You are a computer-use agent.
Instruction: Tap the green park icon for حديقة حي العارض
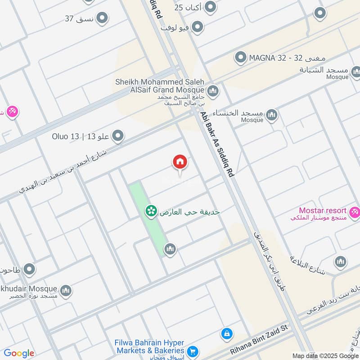(151, 211)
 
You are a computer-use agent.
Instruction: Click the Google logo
(19, 353)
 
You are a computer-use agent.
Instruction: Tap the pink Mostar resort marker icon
(355, 211)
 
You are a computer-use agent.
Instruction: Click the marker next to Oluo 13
(118, 135)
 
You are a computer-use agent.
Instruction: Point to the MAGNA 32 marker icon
(241, 58)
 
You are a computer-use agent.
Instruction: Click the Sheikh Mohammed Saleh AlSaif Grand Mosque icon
(213, 91)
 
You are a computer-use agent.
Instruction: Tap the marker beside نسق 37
(103, 18)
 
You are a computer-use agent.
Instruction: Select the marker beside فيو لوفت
(197, 27)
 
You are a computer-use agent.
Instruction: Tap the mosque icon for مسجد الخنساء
(271, 115)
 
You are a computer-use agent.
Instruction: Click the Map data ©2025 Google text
(324, 355)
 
